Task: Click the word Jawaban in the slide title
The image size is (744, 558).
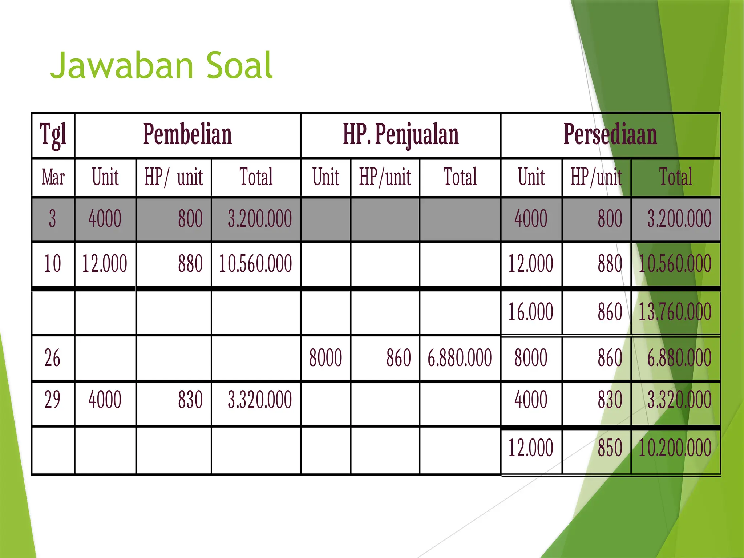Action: pos(122,66)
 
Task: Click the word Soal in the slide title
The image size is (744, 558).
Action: pos(239,66)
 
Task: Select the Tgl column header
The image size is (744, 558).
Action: pos(53,135)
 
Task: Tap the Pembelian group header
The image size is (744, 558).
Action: pos(187,134)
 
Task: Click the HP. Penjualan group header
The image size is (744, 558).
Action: pos(401,135)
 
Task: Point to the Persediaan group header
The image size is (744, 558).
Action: pos(610,134)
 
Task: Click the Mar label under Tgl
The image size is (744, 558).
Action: pos(53,177)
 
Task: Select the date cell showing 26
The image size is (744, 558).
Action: pos(52,358)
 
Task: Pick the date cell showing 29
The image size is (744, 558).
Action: pos(52,400)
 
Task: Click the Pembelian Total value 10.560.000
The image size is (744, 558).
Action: pos(255,264)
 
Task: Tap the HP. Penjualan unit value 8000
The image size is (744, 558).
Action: pos(325,358)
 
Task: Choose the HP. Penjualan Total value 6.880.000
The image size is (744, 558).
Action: pos(460,358)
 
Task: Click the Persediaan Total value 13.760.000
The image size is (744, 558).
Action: pos(675,312)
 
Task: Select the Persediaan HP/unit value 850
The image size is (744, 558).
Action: pos(610,448)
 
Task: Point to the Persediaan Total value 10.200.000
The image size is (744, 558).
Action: pos(675,448)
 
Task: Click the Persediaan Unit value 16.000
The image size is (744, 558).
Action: pos(530,312)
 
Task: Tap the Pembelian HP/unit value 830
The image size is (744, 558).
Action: pos(190,400)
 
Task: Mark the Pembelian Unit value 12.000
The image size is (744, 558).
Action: pos(105,264)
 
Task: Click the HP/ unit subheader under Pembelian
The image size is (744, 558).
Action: pos(173,177)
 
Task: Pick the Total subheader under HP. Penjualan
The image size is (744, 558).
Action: pos(460,177)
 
